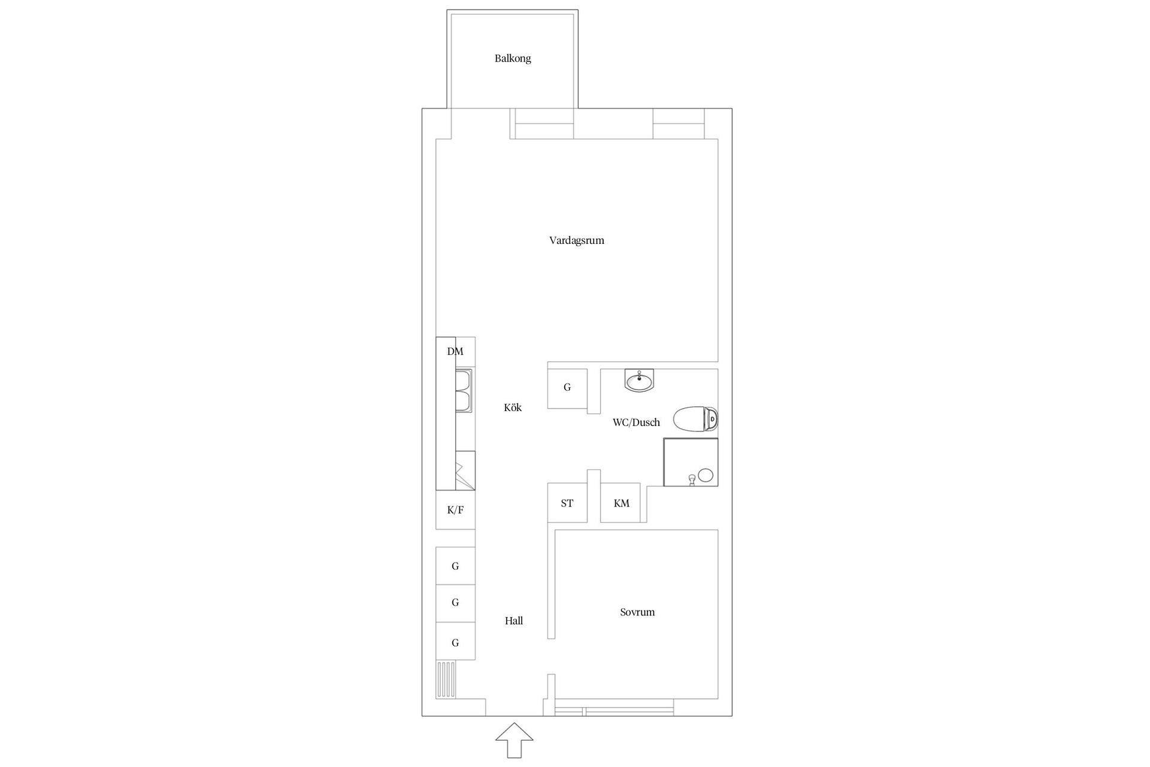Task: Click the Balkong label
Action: pos(513,59)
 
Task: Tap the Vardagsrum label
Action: pos(576,241)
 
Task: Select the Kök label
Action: pos(513,407)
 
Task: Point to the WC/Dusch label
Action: pos(636,422)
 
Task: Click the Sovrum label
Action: pos(637,612)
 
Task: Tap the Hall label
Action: pos(514,621)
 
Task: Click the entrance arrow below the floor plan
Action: pos(514,741)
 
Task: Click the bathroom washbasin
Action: pos(640,380)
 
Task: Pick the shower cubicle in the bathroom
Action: pos(691,462)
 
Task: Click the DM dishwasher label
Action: pos(455,352)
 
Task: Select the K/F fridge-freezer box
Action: pos(455,510)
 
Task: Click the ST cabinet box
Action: pos(567,503)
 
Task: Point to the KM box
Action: pos(621,503)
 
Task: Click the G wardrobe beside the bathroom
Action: pos(567,388)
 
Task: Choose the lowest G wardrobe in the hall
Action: pos(455,642)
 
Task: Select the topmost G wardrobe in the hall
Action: pos(455,566)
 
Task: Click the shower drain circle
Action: pos(706,476)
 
